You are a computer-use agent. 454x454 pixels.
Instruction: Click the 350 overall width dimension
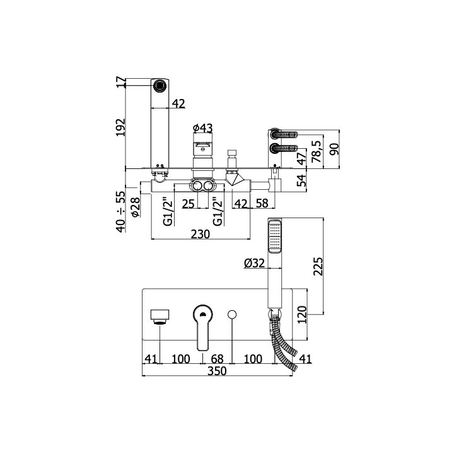point(217,371)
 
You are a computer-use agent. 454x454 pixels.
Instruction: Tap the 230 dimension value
point(201,234)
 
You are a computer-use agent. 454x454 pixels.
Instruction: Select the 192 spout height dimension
point(120,127)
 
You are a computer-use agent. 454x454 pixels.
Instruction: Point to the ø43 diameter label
point(202,128)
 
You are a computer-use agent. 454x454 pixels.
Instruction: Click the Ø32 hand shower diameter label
point(255,263)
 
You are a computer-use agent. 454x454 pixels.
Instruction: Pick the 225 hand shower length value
point(318,266)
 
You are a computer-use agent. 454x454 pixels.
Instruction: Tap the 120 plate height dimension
point(301,315)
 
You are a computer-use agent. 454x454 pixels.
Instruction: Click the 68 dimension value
point(217,359)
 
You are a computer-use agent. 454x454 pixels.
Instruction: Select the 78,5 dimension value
point(317,151)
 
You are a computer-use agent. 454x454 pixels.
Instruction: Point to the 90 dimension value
point(334,149)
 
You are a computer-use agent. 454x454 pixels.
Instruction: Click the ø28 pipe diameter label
point(135,207)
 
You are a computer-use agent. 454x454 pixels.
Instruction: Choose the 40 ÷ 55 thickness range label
point(121,212)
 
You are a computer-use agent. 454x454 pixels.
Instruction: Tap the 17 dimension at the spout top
point(121,82)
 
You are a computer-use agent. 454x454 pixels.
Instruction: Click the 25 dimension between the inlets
point(188,204)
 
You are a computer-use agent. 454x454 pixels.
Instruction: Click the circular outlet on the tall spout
point(160,85)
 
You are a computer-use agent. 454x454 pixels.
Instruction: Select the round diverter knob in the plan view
point(232,315)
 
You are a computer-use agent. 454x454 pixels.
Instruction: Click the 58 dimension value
point(262,204)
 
